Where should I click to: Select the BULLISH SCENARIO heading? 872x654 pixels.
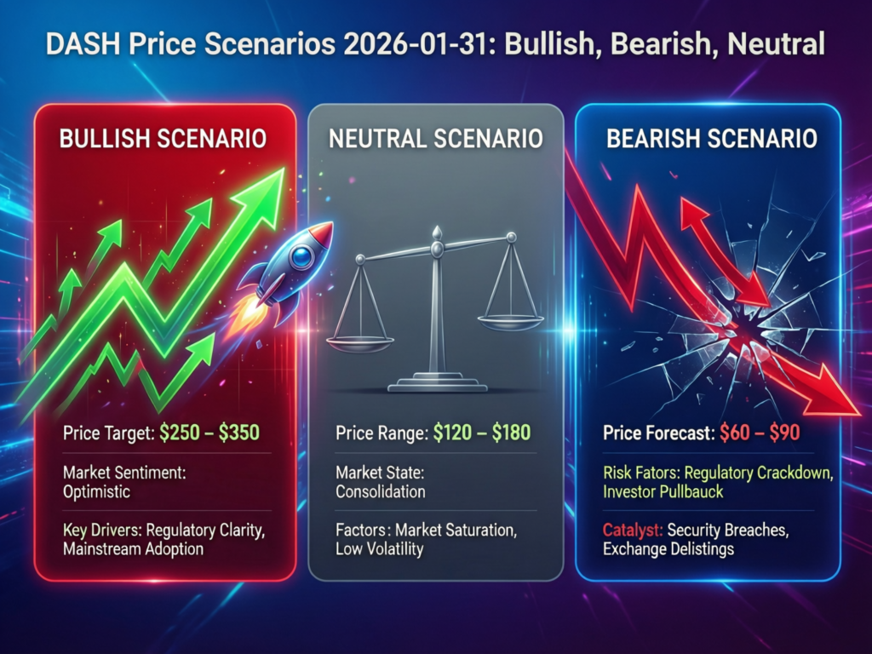tap(163, 138)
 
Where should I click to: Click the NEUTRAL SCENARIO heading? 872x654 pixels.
tap(435, 138)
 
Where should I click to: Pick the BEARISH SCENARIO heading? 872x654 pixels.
tap(712, 138)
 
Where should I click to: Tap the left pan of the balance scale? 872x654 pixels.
tap(360, 342)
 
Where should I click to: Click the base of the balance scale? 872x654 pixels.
tap(435, 386)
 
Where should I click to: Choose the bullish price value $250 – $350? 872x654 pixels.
tap(209, 433)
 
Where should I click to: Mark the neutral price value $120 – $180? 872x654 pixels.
tap(481, 433)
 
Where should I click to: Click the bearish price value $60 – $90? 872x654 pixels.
tap(760, 433)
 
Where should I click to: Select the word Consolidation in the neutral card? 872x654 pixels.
tap(380, 492)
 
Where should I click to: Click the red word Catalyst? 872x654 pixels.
tap(632, 531)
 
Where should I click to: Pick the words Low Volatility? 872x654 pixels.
tap(379, 549)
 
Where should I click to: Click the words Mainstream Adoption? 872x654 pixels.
tap(133, 549)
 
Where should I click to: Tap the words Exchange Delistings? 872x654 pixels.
tap(667, 549)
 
